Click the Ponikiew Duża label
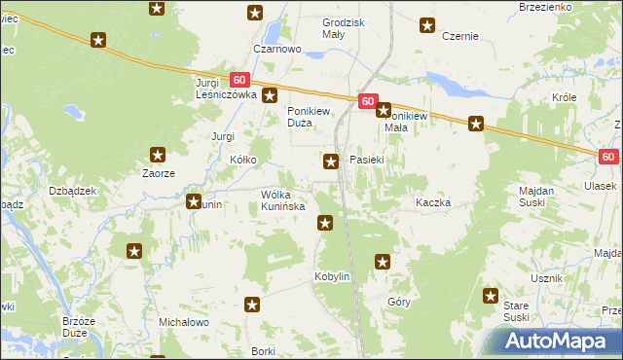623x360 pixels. coord(312,117)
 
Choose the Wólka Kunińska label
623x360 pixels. coord(283,200)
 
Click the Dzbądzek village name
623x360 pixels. coord(73,191)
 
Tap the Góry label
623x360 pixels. coord(399,303)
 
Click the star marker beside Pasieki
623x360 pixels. coord(332,162)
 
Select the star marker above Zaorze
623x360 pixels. coord(158,154)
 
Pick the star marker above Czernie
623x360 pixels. coord(426,25)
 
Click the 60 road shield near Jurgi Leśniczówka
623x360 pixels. coord(240,80)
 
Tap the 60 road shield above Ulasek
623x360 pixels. coord(608,157)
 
